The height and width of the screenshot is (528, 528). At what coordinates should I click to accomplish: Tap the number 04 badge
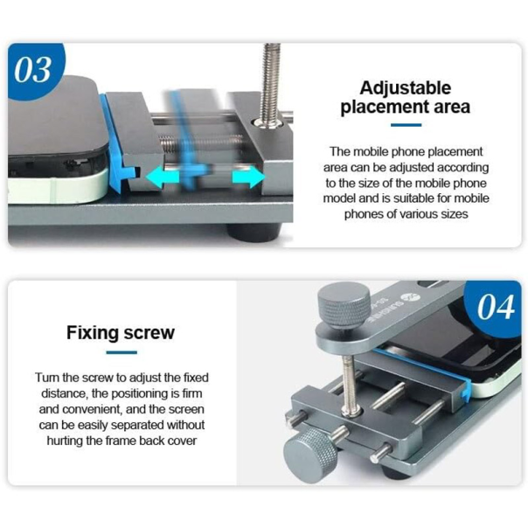495,307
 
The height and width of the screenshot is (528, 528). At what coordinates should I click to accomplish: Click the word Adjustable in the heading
405,88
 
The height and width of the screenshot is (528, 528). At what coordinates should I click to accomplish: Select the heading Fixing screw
121,333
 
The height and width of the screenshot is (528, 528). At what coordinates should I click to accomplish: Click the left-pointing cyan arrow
159,177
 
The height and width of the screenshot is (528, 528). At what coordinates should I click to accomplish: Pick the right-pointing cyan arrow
248,177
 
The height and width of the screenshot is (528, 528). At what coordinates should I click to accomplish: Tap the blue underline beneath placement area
406,125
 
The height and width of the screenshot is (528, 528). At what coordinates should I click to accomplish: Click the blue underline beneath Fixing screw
122,352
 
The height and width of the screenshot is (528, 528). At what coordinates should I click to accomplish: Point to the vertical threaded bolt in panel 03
270,84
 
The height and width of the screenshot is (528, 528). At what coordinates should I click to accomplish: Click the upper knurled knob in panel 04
344,305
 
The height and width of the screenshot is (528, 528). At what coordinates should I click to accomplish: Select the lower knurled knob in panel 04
310,455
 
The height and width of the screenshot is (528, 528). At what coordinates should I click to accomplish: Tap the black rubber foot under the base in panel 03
254,233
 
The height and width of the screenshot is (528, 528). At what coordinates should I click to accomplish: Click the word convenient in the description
93,409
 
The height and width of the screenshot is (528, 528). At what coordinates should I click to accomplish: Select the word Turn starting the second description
47,378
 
